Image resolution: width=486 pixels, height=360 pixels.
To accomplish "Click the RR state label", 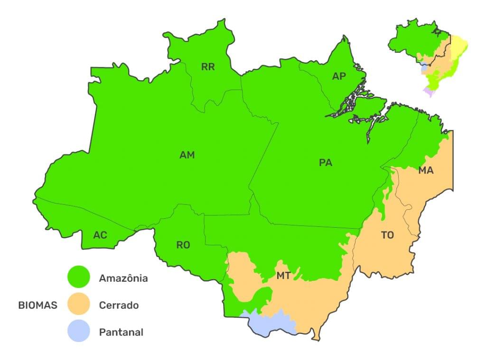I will (x=208, y=67).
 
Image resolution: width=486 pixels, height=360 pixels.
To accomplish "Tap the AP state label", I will (x=339, y=76).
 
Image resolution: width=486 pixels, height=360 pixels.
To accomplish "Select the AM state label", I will (x=187, y=155).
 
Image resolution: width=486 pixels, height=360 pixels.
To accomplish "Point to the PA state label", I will (x=326, y=163).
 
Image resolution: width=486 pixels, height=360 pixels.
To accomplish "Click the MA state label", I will (x=426, y=170).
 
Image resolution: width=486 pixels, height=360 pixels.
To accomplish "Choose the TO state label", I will (x=387, y=235).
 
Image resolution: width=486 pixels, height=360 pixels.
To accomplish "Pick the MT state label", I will (x=283, y=276).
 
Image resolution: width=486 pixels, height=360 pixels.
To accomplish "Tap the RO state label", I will (x=183, y=245).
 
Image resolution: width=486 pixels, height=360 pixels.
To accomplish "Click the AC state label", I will (x=100, y=235).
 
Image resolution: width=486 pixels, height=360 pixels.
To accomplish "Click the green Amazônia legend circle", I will (x=78, y=277).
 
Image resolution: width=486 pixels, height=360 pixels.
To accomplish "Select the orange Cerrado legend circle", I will (x=78, y=304).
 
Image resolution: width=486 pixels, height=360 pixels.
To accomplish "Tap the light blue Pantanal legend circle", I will (x=78, y=331).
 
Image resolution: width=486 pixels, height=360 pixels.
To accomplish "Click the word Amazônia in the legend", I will (x=123, y=278).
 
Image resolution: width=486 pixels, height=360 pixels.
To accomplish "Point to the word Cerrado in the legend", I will (x=119, y=305).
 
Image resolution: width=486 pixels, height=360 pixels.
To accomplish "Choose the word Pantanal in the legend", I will (x=121, y=332).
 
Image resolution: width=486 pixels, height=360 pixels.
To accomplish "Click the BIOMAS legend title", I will (x=38, y=305).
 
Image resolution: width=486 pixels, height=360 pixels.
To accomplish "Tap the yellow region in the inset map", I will (x=459, y=46).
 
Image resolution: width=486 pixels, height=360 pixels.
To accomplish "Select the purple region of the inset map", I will (x=429, y=92).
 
